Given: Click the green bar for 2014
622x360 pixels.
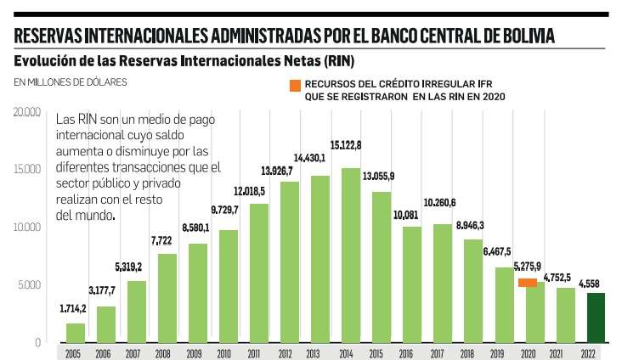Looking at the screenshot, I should point(351,255).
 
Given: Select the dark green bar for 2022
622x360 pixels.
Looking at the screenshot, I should point(595,318).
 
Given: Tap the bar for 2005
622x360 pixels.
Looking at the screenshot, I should point(76,333).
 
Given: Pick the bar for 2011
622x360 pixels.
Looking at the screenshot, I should point(259,272).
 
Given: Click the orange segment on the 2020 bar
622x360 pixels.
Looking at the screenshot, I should point(528,283).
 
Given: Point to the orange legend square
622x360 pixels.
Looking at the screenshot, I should point(294,85).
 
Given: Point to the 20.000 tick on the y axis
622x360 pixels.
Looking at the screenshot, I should point(27,112).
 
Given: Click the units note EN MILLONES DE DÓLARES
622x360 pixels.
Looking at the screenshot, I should point(70,82).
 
